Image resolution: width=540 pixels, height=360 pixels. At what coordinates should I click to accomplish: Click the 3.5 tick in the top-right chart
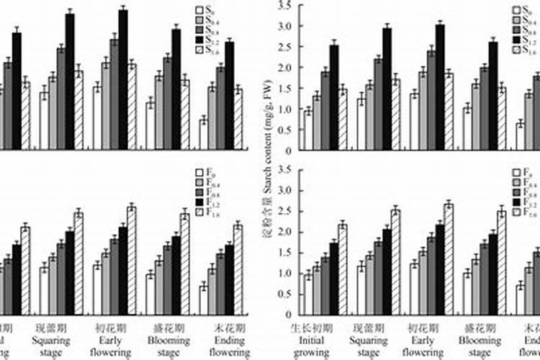click(x=284, y=6)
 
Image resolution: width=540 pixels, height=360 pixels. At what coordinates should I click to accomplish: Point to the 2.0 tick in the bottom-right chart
click(x=284, y=233)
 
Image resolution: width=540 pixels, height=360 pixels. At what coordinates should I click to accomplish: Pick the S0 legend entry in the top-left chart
click(x=204, y=10)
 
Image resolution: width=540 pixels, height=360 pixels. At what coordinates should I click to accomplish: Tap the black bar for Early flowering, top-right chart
click(x=440, y=87)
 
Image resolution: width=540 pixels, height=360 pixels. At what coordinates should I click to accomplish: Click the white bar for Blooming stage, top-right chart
click(x=467, y=129)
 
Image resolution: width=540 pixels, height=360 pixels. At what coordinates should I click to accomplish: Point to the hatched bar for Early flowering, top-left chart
click(x=132, y=107)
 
